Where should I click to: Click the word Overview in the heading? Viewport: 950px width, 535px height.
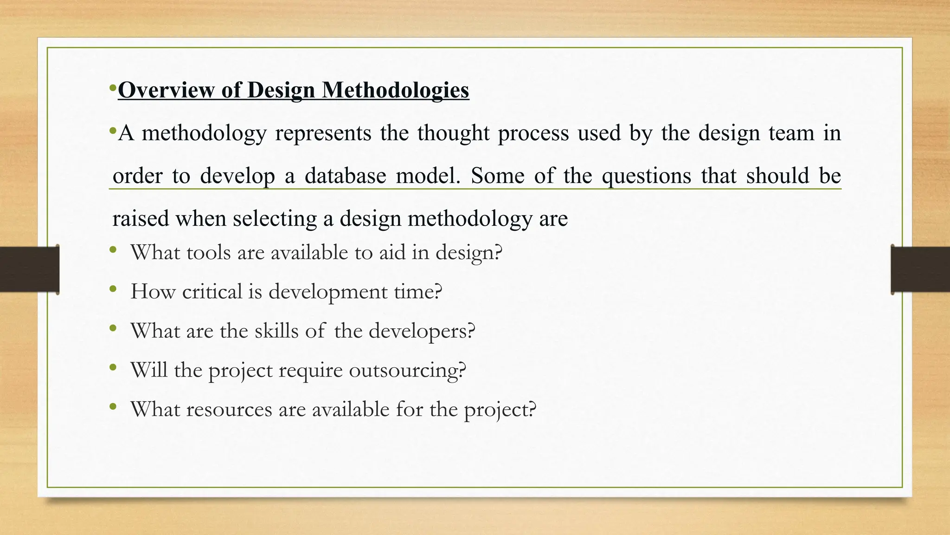166,90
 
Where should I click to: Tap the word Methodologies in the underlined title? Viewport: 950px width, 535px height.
396,90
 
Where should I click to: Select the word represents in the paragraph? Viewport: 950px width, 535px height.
323,133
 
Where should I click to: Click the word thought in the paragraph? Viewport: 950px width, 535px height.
453,133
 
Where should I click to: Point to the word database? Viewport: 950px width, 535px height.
345,176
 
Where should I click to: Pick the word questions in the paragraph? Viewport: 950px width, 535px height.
646,176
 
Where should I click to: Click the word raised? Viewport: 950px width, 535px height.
141,218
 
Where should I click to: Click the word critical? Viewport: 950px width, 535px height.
212,292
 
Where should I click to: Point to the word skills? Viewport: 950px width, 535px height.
276,331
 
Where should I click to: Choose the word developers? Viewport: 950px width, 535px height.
422,331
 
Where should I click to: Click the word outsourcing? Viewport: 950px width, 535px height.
407,370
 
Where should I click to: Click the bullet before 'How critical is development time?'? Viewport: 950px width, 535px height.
113,290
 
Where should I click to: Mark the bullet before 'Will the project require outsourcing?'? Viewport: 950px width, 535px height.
113,368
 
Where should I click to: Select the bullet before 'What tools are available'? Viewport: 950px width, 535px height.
113,251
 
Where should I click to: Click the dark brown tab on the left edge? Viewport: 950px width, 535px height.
29,269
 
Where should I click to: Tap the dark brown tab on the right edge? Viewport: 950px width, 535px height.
920,269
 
